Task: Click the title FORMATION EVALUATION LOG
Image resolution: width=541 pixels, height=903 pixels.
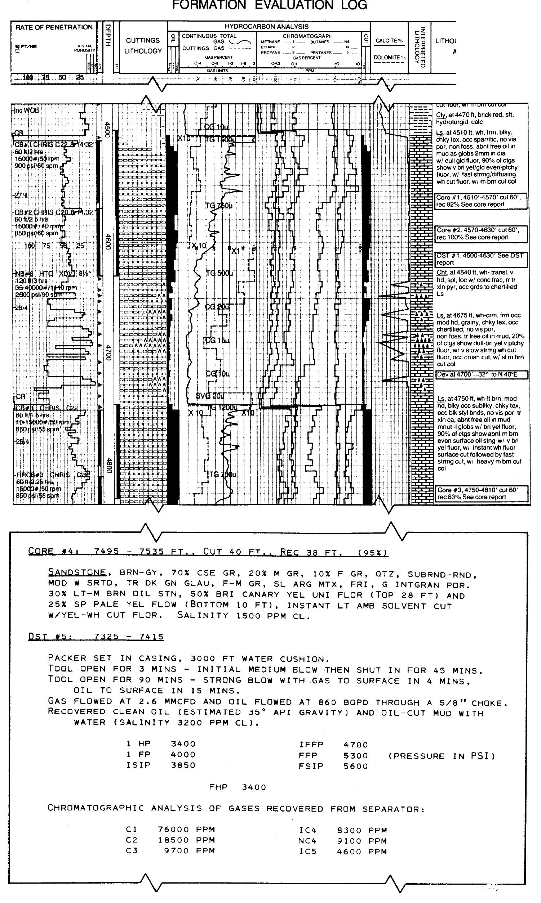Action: (x=269, y=5)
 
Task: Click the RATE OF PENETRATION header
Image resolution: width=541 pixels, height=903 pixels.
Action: (x=54, y=27)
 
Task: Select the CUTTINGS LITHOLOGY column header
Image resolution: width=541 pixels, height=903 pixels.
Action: (x=142, y=45)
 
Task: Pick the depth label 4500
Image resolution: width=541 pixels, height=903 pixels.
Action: (x=107, y=129)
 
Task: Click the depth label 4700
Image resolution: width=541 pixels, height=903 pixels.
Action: (x=107, y=352)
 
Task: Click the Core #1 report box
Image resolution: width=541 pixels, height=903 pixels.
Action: (x=481, y=201)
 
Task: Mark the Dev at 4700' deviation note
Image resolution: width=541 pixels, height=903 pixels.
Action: (x=481, y=375)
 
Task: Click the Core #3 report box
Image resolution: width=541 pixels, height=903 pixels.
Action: (x=481, y=494)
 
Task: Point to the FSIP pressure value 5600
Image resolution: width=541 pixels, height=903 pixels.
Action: (x=355, y=767)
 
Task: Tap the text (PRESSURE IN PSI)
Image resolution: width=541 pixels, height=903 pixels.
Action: (x=441, y=756)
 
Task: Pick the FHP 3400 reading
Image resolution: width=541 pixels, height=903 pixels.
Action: (x=237, y=787)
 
